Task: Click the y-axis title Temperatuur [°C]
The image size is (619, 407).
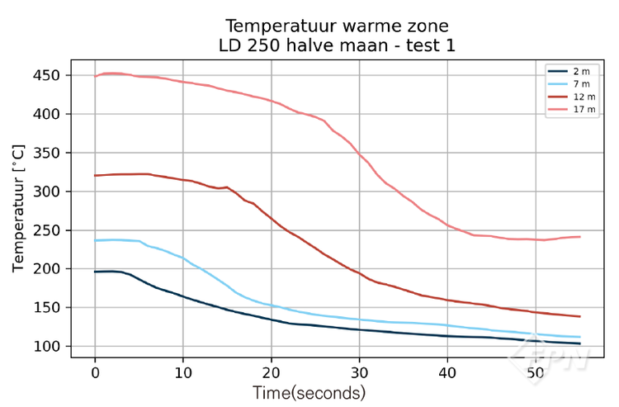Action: click(x=18, y=208)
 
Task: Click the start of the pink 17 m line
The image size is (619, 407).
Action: click(x=96, y=76)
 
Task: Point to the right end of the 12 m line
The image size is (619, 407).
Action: click(x=580, y=316)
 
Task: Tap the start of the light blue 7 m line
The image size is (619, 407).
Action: click(x=96, y=240)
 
